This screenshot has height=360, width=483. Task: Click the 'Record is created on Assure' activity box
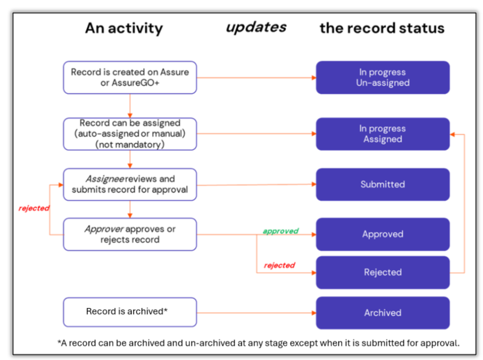click(130, 77)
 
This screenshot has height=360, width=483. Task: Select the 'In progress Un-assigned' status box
click(382, 77)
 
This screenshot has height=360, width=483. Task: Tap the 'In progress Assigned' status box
click(382, 134)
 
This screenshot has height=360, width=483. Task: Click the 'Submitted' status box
click(382, 185)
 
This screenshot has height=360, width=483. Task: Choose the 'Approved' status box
click(382, 234)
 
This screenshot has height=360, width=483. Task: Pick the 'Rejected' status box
click(382, 273)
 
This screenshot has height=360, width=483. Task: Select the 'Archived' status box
click(382, 313)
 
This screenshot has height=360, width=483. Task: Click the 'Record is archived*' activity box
click(130, 312)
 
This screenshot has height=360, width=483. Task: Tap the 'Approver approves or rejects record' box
click(130, 234)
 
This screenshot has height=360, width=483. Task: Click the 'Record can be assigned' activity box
click(130, 134)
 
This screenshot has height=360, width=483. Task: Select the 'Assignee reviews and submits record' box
click(130, 185)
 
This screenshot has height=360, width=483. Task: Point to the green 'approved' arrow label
click(280, 231)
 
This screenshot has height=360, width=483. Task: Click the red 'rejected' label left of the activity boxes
click(34, 208)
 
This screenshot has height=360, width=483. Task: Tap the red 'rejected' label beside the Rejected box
click(279, 265)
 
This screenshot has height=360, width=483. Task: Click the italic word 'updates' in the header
click(256, 28)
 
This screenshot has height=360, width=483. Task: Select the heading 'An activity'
click(124, 29)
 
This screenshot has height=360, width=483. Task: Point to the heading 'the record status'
click(382, 28)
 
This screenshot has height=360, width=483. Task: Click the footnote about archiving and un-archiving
click(259, 343)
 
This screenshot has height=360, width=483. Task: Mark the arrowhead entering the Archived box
click(314, 313)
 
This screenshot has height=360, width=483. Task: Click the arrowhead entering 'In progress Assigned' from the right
click(452, 134)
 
